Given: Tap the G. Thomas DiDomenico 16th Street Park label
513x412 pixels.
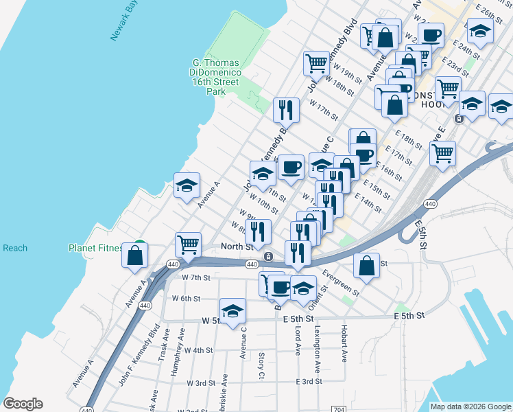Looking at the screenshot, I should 215,76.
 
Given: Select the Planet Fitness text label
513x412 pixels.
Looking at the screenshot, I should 95,248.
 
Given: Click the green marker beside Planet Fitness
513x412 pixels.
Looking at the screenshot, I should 139,244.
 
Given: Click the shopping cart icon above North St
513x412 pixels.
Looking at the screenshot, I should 188,243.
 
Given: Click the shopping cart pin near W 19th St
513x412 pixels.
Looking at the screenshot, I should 317,64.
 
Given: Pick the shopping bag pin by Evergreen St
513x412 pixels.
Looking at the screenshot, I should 367,265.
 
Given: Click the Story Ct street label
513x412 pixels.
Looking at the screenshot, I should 261,365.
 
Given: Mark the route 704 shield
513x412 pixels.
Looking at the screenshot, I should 337,409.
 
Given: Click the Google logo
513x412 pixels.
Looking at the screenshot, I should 23,404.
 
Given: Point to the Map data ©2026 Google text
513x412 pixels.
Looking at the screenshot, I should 470,407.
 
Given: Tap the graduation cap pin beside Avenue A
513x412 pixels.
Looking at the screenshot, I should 187,185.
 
